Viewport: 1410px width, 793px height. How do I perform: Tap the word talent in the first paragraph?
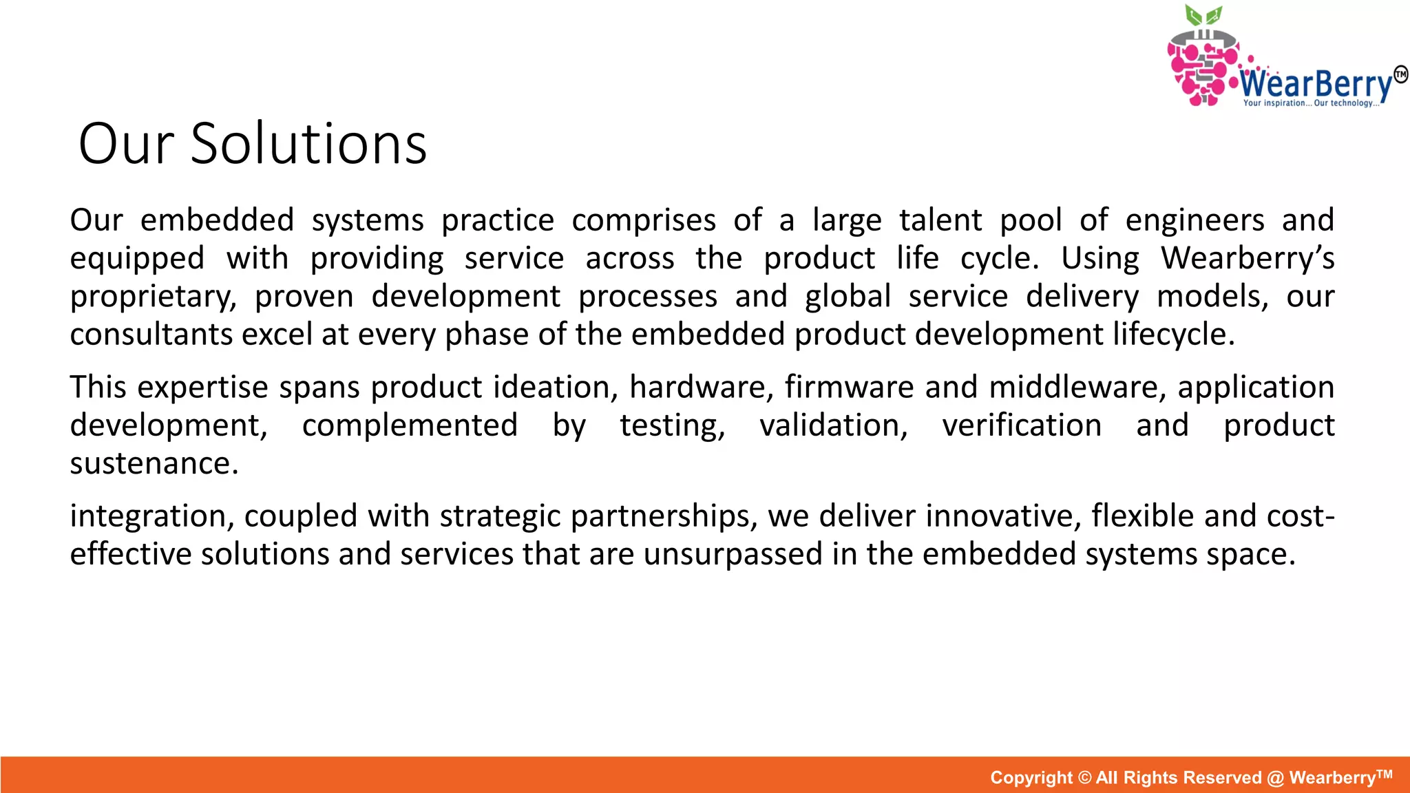point(940,221)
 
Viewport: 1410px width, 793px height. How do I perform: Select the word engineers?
point(1195,221)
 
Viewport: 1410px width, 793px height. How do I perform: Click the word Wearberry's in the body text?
point(1248,259)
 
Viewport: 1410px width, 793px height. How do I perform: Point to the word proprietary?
point(153,297)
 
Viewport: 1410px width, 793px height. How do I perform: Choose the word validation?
point(834,425)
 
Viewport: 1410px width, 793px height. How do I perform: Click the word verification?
point(1022,425)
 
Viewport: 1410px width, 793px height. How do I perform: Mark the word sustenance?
point(154,463)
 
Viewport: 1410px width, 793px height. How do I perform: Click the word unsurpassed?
point(733,555)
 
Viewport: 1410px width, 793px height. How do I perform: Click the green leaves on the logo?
point(1203,15)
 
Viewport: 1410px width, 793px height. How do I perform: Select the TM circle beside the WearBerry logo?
point(1400,74)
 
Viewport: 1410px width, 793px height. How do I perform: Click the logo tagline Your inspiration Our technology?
point(1311,103)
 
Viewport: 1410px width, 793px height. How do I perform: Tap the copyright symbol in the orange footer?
point(1084,778)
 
